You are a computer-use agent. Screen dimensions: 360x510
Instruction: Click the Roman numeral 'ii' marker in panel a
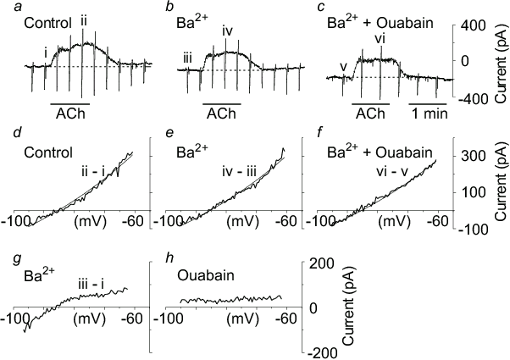(x=83, y=19)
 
